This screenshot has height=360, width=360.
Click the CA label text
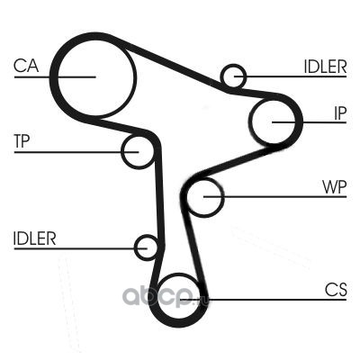click(x=26, y=66)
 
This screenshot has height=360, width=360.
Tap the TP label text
click(x=22, y=141)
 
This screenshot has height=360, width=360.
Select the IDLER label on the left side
click(x=35, y=238)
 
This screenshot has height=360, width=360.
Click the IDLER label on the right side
click(x=325, y=67)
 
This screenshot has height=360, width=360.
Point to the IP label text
click(x=340, y=113)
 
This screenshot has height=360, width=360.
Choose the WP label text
click(x=335, y=187)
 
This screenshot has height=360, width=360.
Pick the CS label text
click(x=336, y=290)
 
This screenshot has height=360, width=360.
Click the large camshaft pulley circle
click(x=57, y=77)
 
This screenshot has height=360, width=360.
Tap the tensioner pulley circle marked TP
click(x=122, y=152)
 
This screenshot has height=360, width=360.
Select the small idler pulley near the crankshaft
click(x=135, y=247)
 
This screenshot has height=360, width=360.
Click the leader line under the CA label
click(x=55, y=77)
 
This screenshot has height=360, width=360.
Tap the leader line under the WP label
click(x=275, y=197)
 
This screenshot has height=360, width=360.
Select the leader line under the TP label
click(x=76, y=152)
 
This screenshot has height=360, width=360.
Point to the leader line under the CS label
click(x=264, y=300)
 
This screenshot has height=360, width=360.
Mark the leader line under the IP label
click(x=310, y=122)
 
